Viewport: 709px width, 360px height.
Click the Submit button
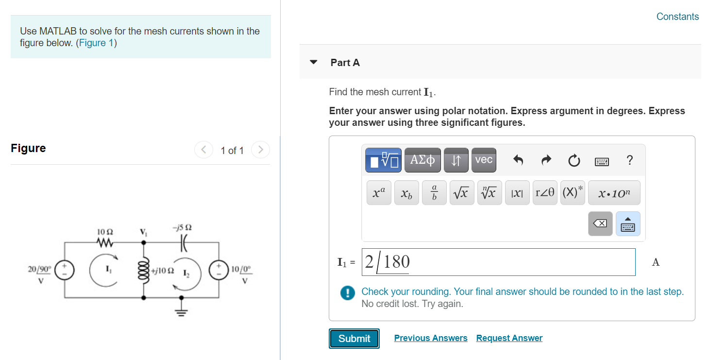[x=354, y=339]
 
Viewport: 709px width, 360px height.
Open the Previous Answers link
[x=431, y=338]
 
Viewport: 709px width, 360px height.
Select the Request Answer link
[x=509, y=338]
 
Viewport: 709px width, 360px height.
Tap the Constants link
[x=677, y=17]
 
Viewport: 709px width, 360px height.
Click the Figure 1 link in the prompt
[x=96, y=43]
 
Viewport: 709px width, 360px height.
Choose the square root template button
[x=461, y=193]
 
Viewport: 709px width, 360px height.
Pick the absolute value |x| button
[x=517, y=193]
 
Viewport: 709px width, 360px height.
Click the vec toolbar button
[x=484, y=160]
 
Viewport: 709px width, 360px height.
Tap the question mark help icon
[x=629, y=160]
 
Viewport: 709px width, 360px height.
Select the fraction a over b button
[x=434, y=193]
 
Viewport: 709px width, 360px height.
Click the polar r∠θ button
[x=545, y=193]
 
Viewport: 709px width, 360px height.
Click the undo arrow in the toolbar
[x=518, y=160]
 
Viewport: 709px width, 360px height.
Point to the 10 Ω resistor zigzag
[x=105, y=242]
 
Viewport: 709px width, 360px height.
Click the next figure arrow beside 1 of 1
[x=260, y=150]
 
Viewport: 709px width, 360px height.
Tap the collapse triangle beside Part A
[x=314, y=62]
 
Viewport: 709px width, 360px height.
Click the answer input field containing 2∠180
[x=498, y=262]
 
